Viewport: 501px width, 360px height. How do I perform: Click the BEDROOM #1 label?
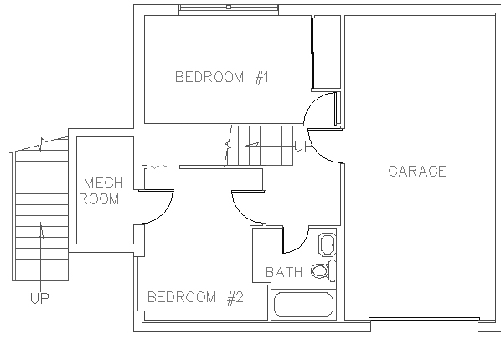click(x=222, y=77)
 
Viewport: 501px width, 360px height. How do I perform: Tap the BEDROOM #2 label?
click(x=195, y=297)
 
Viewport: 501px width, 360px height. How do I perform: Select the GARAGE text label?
click(x=417, y=172)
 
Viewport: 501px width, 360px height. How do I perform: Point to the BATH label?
click(x=284, y=272)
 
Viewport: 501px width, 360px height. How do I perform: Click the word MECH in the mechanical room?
click(x=103, y=183)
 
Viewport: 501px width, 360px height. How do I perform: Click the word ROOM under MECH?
click(x=99, y=199)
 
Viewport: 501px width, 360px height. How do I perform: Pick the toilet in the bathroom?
click(x=323, y=270)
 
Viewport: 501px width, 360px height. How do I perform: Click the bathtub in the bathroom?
click(x=303, y=305)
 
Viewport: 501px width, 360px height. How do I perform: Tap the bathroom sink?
click(x=328, y=244)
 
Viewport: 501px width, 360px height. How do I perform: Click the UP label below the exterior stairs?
click(x=39, y=298)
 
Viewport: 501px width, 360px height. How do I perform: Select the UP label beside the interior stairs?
click(x=302, y=146)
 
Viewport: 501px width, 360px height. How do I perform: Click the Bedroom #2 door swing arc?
click(x=240, y=213)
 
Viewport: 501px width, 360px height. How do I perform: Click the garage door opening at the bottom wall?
click(x=424, y=319)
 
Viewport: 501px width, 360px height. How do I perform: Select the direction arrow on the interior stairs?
click(x=252, y=146)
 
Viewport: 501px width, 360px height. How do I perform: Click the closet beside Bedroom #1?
click(x=327, y=52)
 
